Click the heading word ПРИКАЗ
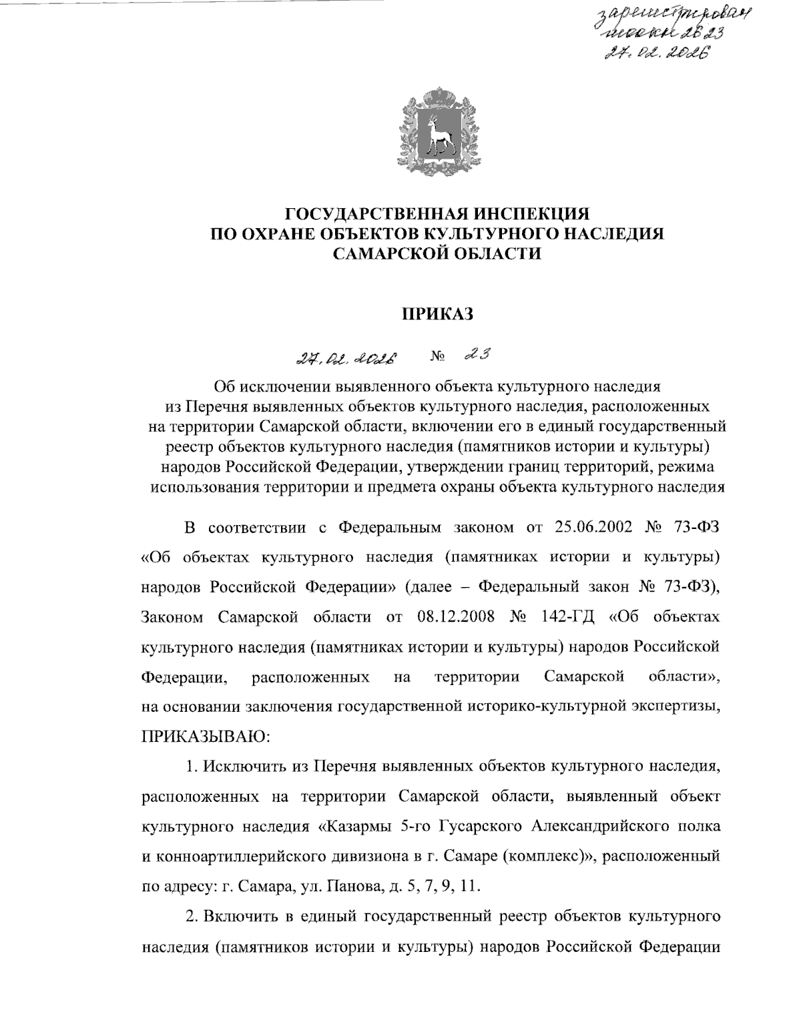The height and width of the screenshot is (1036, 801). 437,314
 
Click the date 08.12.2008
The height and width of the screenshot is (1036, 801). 456,616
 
